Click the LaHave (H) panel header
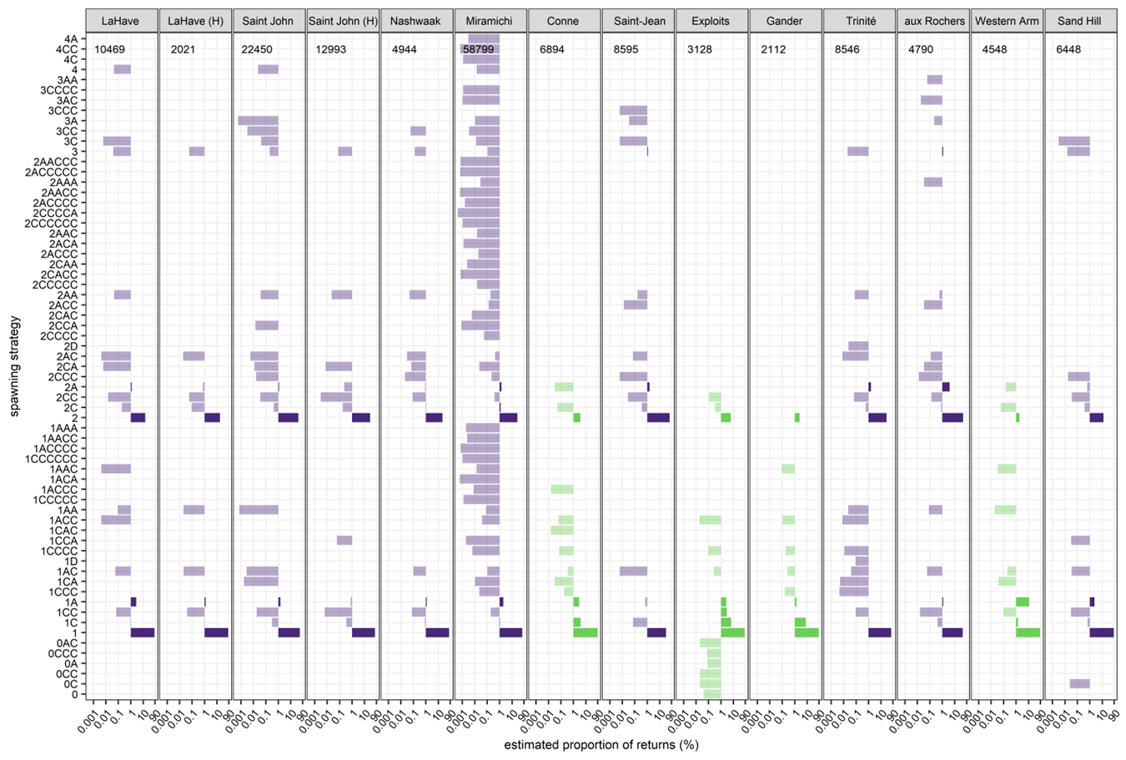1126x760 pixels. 195,21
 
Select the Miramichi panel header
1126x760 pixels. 490,21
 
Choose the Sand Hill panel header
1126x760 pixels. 1081,21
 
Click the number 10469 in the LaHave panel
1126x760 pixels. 109,50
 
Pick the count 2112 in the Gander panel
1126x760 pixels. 773,50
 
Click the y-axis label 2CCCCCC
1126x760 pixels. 51,224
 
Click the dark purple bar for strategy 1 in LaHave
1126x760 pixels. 143,633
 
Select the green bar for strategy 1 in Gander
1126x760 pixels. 806,633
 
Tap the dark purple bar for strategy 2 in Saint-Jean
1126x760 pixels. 658,418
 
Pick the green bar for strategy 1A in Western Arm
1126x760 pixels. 1022,602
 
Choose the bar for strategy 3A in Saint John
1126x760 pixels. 258,121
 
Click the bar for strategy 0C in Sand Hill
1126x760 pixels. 1079,684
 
